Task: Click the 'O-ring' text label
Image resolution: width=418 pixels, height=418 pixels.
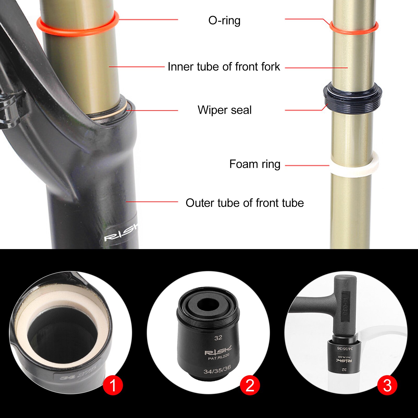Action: point(224,20)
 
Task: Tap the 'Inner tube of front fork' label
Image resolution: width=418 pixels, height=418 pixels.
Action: point(224,67)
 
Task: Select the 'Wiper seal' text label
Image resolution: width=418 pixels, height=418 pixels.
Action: point(225,110)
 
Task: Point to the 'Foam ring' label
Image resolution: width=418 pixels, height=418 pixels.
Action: point(255,164)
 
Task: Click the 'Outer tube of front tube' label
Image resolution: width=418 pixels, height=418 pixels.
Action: point(245,203)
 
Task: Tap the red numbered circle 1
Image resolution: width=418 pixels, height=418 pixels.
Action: point(113,385)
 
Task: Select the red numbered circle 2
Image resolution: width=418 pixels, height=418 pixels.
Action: point(250,385)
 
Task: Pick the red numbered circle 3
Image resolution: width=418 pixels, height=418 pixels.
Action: point(387,385)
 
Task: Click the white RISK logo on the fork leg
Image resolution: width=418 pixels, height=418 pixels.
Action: point(121,233)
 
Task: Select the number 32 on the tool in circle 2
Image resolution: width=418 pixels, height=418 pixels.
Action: point(218,338)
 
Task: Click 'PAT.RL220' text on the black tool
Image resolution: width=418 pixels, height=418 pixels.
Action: point(219,357)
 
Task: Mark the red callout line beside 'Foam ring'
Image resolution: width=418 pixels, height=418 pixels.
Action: point(307,165)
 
